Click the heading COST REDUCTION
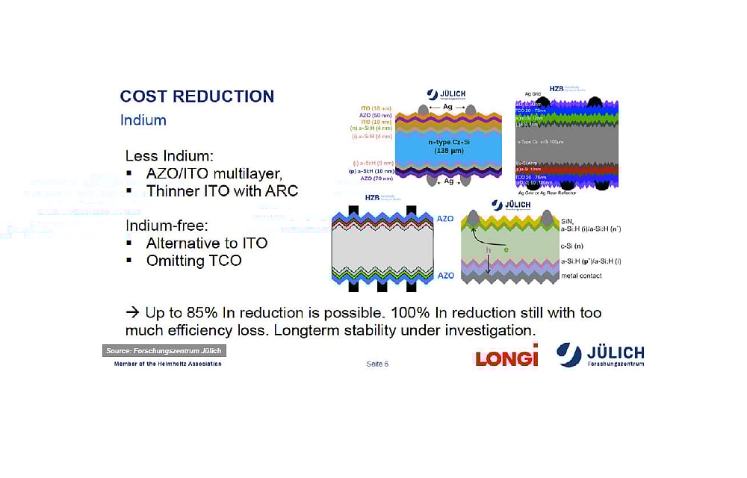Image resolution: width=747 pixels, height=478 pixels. [197, 96]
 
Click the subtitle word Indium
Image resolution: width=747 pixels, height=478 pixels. [143, 120]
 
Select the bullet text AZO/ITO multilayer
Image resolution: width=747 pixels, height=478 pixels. [214, 174]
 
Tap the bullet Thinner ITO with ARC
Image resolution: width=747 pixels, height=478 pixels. [221, 191]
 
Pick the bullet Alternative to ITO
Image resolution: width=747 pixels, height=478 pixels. [206, 243]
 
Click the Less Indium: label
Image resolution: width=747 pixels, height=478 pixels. [169, 156]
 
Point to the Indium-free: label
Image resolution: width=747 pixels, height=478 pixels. [167, 225]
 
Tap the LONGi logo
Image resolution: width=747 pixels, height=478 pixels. [506, 358]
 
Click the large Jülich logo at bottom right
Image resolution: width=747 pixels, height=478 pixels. [601, 355]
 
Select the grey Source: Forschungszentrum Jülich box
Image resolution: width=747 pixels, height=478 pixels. [164, 351]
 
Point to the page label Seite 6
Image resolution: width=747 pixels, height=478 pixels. [377, 364]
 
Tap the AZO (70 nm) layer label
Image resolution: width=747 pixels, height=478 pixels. [376, 179]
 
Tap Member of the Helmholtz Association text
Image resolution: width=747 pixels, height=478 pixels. [167, 364]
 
